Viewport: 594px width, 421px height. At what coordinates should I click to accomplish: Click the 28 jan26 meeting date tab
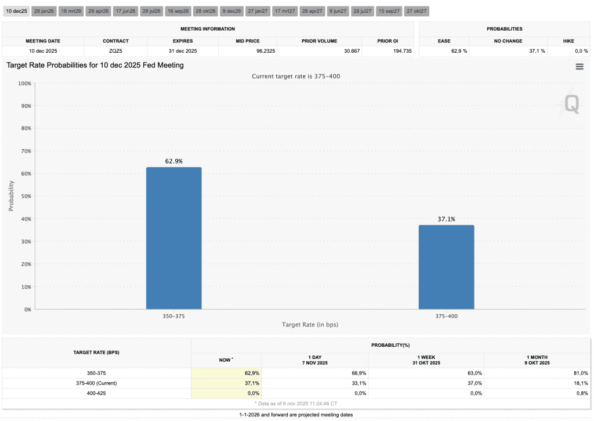[x=44, y=11]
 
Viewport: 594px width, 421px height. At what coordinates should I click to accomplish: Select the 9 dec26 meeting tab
[x=231, y=11]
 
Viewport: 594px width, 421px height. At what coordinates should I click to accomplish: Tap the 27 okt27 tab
[x=416, y=11]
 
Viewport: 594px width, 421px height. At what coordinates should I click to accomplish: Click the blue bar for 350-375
[x=173, y=238]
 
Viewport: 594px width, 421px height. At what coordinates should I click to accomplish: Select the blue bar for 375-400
[x=446, y=267]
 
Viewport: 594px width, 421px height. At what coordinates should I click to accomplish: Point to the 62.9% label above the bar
[x=173, y=161]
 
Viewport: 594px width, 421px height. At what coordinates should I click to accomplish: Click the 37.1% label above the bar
[x=446, y=219]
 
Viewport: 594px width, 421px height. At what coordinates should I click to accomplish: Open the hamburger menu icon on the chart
[x=579, y=67]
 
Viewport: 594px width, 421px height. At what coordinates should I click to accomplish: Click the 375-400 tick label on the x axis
[x=446, y=316]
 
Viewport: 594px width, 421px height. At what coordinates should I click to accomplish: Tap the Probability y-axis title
[x=12, y=195]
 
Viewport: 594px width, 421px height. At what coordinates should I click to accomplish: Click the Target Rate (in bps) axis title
[x=310, y=325]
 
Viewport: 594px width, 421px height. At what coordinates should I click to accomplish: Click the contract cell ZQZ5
[x=115, y=51]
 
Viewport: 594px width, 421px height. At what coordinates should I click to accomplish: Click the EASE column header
[x=444, y=41]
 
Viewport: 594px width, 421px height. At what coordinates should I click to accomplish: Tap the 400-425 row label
[x=97, y=393]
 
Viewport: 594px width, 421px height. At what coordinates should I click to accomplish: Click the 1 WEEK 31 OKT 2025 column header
[x=425, y=360]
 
